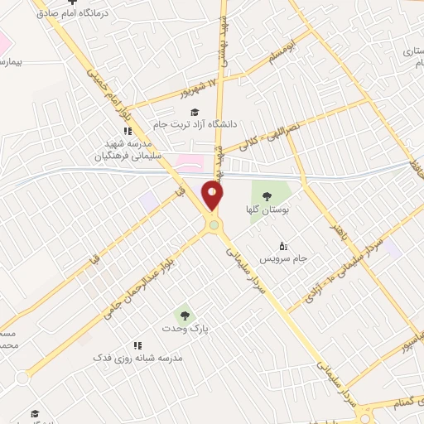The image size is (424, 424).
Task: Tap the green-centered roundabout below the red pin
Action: coord(214,224)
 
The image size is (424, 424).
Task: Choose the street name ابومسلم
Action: coord(277,55)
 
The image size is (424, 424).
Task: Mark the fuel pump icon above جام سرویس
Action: coord(284,245)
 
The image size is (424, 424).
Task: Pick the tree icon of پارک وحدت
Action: coord(184,315)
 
